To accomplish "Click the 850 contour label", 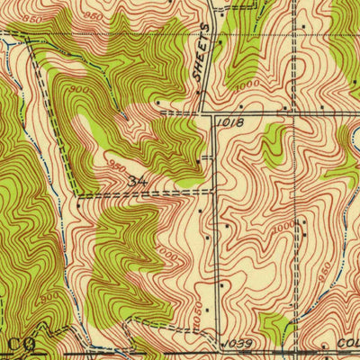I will (x=33, y=18).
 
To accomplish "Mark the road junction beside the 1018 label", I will (x=213, y=115).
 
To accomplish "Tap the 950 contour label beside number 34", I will (x=117, y=167).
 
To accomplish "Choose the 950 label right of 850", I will (x=90, y=15).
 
